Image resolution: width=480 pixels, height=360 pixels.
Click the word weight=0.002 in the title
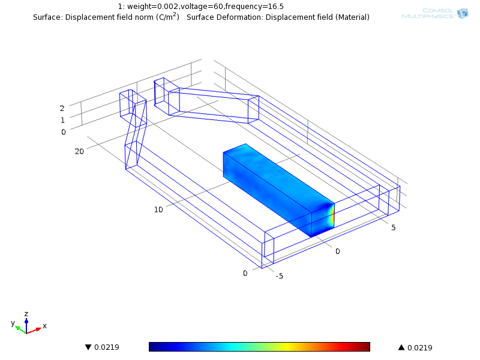click(153, 7)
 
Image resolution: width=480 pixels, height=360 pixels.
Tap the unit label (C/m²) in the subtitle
click(167, 17)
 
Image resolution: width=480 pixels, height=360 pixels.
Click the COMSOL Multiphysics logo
click(435, 13)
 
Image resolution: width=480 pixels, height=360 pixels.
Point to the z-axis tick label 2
click(62, 109)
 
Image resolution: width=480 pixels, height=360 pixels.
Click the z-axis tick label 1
click(63, 121)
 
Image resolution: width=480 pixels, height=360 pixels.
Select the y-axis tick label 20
click(79, 151)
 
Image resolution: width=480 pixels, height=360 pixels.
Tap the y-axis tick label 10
click(158, 209)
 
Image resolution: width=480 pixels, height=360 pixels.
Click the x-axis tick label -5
click(279, 276)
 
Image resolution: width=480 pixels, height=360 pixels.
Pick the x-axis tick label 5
click(394, 227)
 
